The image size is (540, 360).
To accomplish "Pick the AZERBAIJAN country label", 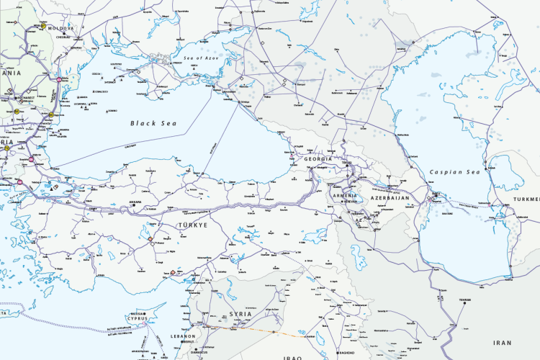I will [390, 197].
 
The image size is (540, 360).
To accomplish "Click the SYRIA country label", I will [240, 315].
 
